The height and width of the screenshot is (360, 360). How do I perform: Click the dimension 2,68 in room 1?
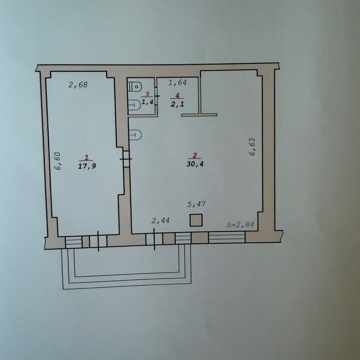pos(78,85)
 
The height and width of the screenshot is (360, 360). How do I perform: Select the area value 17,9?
pos(87,166)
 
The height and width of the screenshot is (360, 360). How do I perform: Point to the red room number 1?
pos(86,158)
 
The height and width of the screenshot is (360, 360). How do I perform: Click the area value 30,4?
pos(195,164)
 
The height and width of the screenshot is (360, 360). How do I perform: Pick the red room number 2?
pos(195,156)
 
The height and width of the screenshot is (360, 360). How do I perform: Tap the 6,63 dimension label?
pos(252,147)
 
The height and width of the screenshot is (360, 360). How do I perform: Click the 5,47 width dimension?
pos(196,204)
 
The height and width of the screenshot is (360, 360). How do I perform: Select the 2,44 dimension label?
pos(161,220)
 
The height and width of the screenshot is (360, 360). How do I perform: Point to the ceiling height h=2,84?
pos(240,224)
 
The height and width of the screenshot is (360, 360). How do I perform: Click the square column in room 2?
pos(196,220)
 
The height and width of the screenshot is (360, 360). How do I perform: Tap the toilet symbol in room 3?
pos(135,86)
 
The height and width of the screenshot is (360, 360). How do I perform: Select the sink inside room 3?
pos(134,105)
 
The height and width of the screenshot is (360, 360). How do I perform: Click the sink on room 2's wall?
pos(135,135)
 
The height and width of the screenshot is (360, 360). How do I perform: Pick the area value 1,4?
pos(147,102)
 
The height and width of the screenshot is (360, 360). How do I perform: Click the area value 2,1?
pos(177,104)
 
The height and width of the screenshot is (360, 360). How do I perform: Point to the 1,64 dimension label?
pos(177,82)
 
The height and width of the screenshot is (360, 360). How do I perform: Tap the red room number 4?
pos(177,95)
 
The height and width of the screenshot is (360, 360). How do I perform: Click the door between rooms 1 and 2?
pos(126,159)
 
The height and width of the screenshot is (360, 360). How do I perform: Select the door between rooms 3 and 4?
pos(157,96)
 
